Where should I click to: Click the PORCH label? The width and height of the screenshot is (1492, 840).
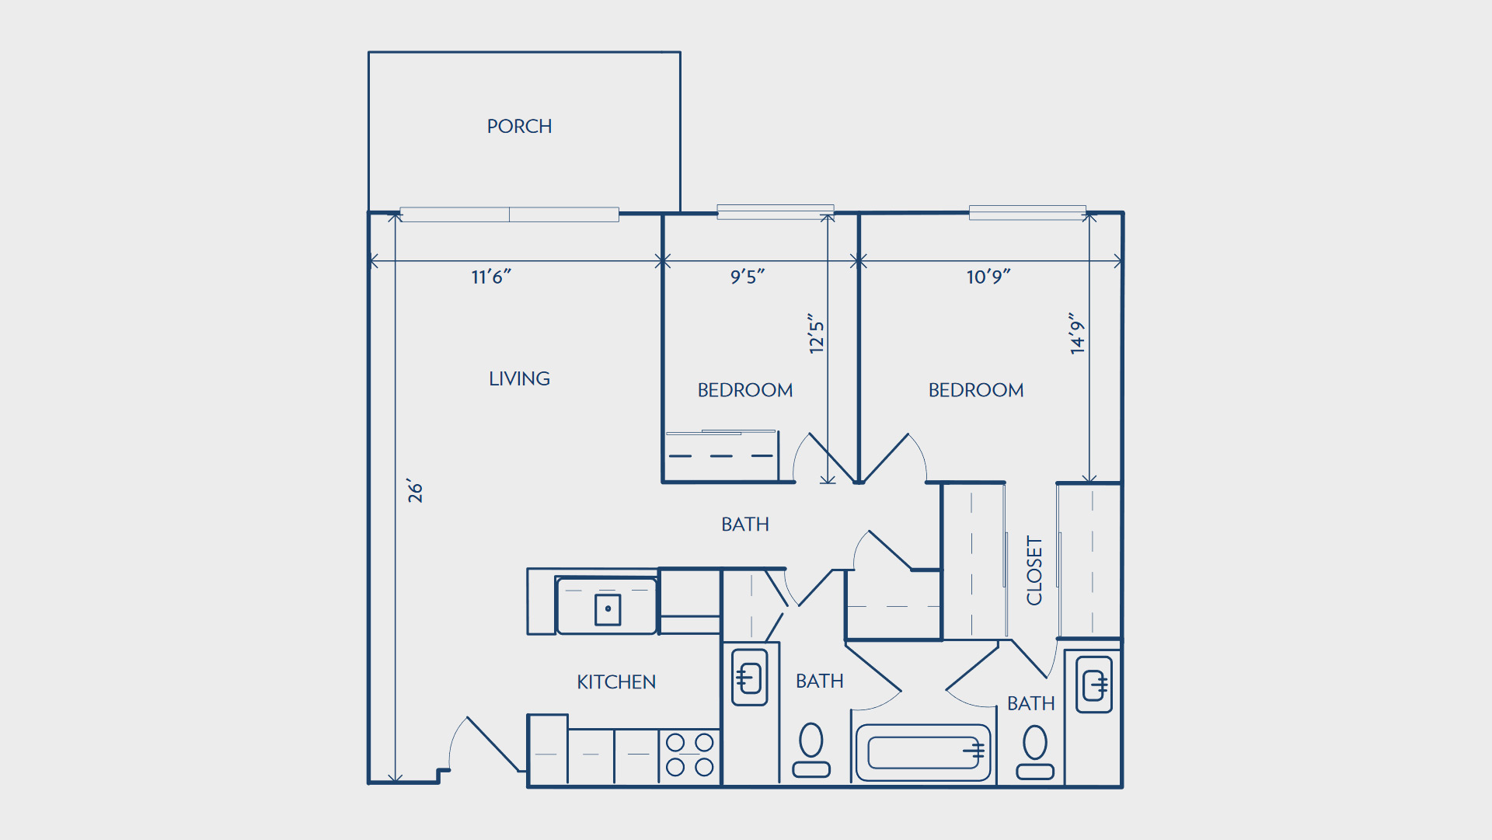point(519,126)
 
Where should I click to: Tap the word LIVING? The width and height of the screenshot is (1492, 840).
point(519,378)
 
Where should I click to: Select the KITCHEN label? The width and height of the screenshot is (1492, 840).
point(616,681)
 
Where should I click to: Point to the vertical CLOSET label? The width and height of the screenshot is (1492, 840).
point(1034,570)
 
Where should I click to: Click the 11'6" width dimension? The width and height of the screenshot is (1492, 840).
point(491,277)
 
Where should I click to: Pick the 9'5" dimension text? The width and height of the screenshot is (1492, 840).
point(748,277)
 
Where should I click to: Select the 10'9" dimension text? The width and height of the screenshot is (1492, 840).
point(988,277)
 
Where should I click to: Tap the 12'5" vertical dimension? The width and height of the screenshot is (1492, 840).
point(816,334)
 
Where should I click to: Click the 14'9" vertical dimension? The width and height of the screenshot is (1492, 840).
point(1076,334)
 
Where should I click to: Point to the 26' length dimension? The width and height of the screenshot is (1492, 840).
point(415,491)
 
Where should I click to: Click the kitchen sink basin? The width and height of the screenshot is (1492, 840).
point(607,606)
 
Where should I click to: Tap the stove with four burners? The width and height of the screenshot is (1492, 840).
point(690,755)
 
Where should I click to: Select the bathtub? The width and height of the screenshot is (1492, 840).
point(923,752)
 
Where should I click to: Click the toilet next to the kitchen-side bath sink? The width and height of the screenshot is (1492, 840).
point(811,750)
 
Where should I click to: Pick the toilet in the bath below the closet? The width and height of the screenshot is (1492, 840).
point(1035,752)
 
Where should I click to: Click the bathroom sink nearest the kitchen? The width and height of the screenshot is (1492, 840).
point(750,677)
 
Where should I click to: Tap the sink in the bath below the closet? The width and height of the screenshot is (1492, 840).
point(1094,685)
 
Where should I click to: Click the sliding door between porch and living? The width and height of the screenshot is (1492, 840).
point(509,214)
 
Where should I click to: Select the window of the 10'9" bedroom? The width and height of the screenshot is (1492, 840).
point(1027,212)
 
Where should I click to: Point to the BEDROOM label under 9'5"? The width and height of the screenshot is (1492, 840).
point(745,390)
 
